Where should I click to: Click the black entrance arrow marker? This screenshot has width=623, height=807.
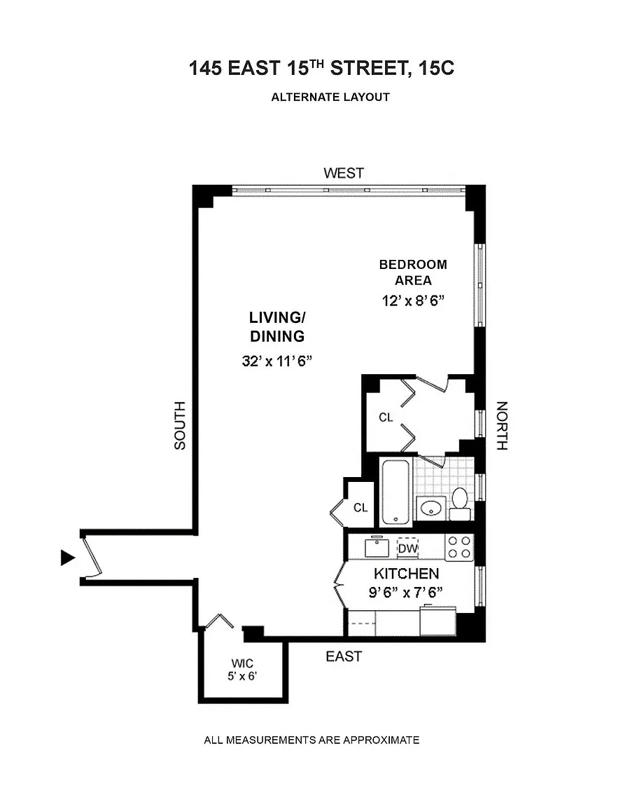coord(67,557)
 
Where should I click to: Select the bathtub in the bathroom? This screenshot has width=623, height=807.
coord(395,491)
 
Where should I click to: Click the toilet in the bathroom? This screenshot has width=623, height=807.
coord(460,503)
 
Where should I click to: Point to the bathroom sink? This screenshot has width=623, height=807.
coord(431,508)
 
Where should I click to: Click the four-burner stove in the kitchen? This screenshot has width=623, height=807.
coord(460,547)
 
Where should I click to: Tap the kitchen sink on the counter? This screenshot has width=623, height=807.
coord(377,547)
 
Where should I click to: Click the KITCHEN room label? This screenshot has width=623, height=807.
coord(406,573)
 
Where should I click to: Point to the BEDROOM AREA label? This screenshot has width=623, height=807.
coord(413,273)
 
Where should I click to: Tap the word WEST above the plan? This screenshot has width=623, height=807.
coord(344,173)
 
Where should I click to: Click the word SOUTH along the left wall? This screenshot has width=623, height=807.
coord(181,425)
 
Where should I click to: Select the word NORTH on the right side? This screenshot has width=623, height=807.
coord(502,425)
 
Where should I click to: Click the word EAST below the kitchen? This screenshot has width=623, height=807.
coord(344,656)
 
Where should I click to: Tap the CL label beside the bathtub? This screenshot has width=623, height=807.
coord(360,508)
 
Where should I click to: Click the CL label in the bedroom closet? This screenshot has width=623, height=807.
coord(386,418)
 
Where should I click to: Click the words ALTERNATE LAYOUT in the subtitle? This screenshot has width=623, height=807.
coord(330,97)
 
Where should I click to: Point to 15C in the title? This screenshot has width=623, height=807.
coord(439,69)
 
